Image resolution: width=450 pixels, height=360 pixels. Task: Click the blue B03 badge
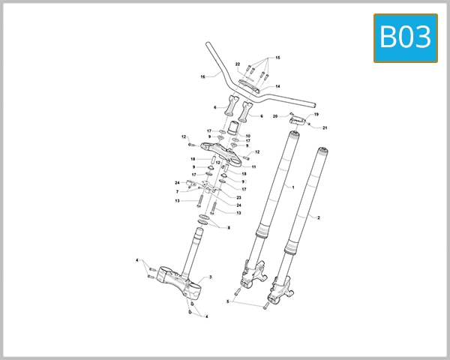click(x=405, y=37)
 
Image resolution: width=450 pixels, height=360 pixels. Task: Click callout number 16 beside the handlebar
click(x=202, y=76)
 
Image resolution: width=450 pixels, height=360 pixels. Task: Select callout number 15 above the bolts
click(x=277, y=58)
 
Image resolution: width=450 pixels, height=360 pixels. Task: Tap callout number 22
click(x=237, y=64)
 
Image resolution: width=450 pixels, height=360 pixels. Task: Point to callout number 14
click(x=277, y=87)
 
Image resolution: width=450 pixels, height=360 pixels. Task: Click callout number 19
click(x=316, y=114)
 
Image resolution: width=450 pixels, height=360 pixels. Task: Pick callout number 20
click(x=275, y=116)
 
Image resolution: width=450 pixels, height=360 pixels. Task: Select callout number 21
click(x=325, y=128)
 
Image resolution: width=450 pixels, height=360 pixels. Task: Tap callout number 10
click(x=248, y=136)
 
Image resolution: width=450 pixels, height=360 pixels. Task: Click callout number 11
click(x=254, y=166)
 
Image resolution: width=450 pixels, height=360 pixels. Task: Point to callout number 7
click(x=177, y=192)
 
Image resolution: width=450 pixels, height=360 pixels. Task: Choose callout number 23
click(x=238, y=198)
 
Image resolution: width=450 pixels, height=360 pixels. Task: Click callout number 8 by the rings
click(x=228, y=227)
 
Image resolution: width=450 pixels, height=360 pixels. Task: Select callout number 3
click(x=211, y=277)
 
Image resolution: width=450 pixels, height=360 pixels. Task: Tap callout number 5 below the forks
click(x=226, y=301)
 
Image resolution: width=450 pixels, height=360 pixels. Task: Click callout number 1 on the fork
click(x=292, y=187)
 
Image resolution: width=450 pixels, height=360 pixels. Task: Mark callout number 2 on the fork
click(x=319, y=217)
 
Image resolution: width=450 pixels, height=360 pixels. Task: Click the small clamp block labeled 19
click(x=300, y=118)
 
